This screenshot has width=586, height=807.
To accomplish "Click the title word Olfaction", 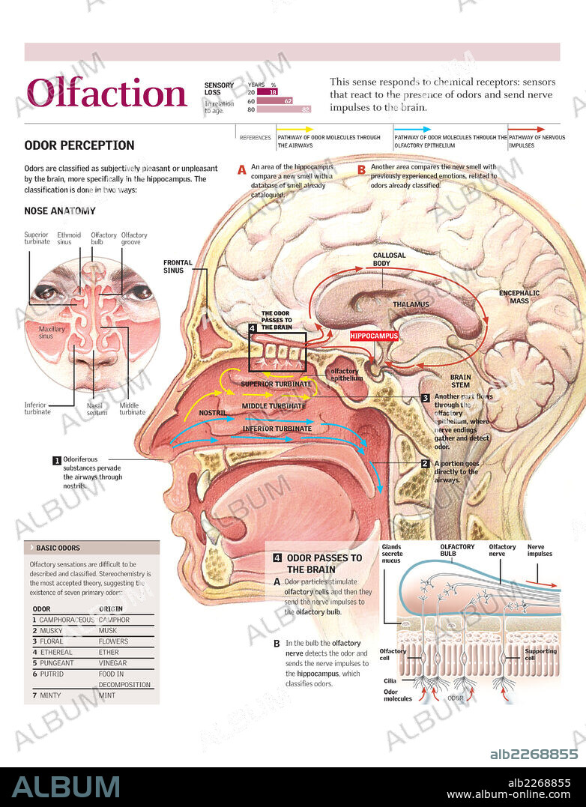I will click(x=106, y=93).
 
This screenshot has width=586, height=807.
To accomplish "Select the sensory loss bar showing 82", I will click(x=285, y=109).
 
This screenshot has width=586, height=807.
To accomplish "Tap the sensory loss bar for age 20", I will click(x=268, y=91).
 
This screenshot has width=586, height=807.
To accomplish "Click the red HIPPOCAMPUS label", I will click(x=374, y=336).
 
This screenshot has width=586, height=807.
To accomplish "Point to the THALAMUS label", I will click(x=411, y=304).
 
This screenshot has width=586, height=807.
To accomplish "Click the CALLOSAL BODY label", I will click(x=390, y=259).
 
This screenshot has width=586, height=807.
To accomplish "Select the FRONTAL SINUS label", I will click(x=178, y=266).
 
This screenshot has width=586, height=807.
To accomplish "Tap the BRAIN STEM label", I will click(x=460, y=381).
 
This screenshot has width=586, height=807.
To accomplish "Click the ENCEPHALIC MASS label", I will click(x=519, y=297).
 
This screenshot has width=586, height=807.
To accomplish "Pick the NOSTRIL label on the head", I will click(x=212, y=413).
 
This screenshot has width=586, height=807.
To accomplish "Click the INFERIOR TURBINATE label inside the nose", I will click(x=277, y=429).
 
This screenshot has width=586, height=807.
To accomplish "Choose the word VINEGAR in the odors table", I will click(x=114, y=663).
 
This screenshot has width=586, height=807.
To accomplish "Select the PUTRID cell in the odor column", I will click(x=52, y=674).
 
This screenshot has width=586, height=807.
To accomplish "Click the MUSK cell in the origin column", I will click(x=109, y=631).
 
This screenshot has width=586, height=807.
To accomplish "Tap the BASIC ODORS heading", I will click(x=58, y=548).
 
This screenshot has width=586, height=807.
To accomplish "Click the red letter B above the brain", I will click(x=361, y=170).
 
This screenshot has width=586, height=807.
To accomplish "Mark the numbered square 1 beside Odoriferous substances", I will click(x=56, y=460).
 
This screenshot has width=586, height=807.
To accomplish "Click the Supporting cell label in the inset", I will click(x=540, y=655).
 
